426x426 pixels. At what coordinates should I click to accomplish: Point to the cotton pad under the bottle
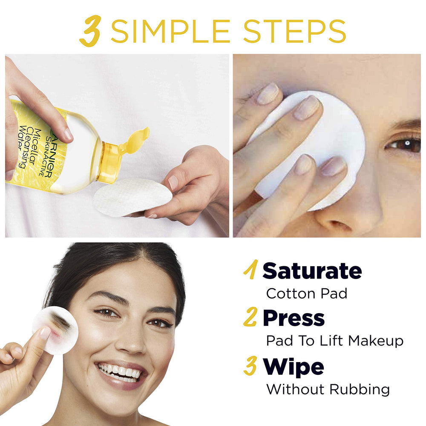point(132,197)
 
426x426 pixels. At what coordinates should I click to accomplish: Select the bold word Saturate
point(312,271)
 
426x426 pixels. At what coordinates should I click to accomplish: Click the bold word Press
point(294,318)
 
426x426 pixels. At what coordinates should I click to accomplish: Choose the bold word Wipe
point(294,367)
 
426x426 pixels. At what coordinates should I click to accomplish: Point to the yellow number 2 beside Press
point(251,318)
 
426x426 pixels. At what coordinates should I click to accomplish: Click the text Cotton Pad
point(306,293)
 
